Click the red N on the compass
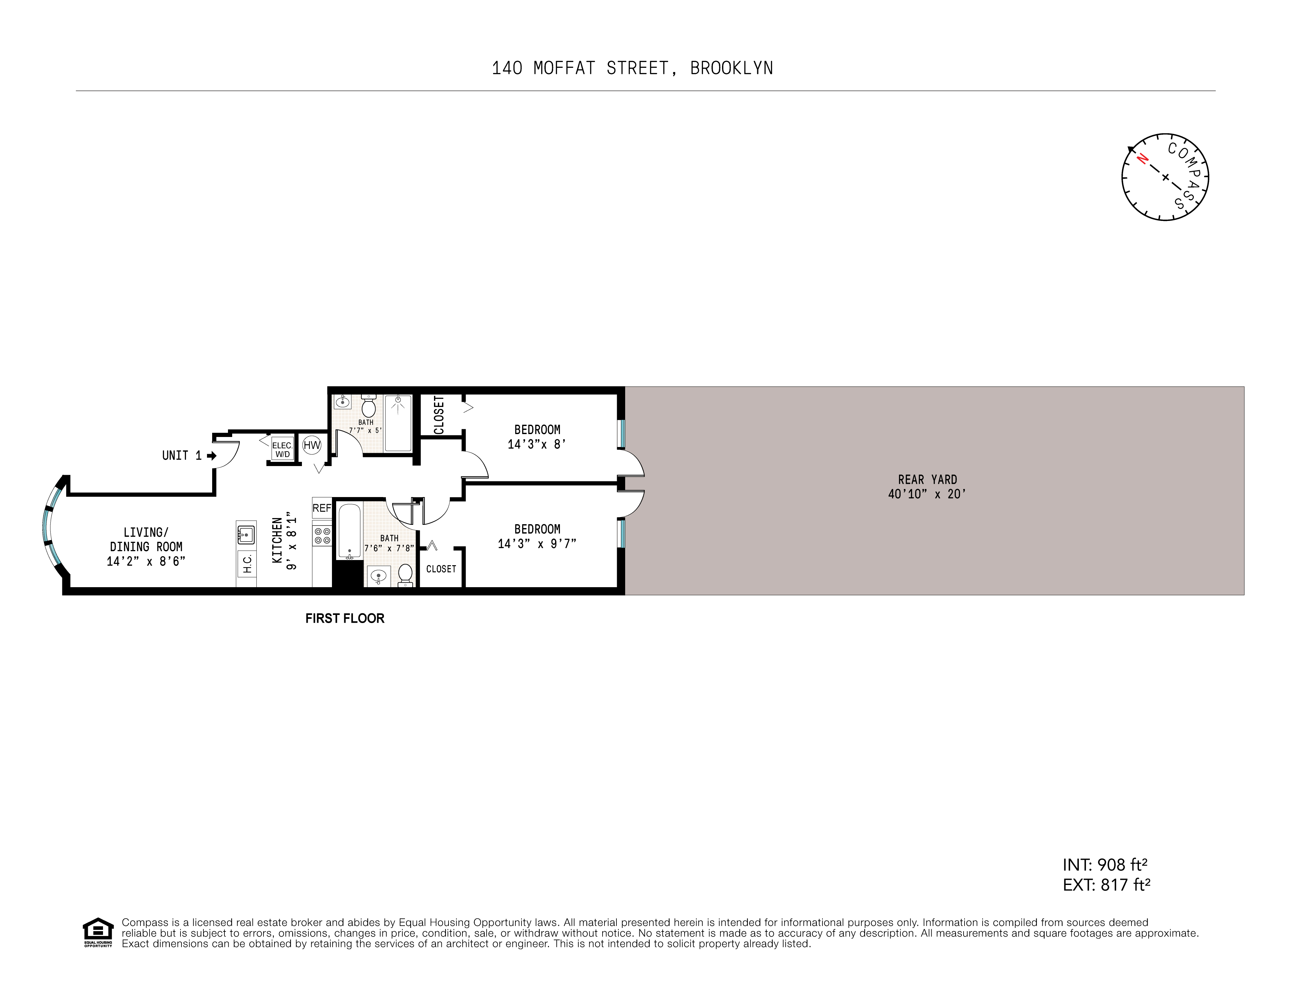click(x=1143, y=159)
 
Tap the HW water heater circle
click(x=312, y=445)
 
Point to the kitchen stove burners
click(x=322, y=535)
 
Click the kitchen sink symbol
click(x=246, y=535)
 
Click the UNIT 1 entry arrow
click(x=212, y=455)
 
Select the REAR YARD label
click(x=927, y=480)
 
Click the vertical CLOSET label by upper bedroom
click(x=439, y=415)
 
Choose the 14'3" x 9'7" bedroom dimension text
click(x=537, y=543)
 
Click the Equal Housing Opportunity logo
click(x=98, y=932)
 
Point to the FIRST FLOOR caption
click(x=345, y=619)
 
